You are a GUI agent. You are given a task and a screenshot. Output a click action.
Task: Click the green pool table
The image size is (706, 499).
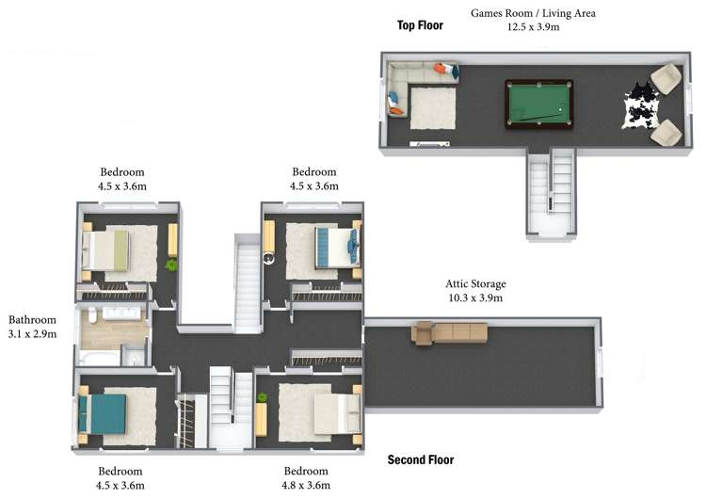(x=539, y=104)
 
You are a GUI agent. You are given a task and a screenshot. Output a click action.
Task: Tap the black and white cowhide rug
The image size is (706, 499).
(x=641, y=105)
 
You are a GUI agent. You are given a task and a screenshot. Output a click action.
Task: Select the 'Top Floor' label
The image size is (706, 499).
(x=420, y=25)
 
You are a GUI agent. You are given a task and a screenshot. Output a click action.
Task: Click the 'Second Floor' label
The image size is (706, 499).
(x=421, y=459)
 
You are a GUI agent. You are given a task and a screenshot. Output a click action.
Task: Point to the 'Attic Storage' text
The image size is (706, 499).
(x=475, y=283)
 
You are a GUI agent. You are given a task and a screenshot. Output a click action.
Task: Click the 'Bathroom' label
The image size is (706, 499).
(x=32, y=320)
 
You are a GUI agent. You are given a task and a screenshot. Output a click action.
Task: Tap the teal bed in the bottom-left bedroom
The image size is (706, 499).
(x=102, y=414)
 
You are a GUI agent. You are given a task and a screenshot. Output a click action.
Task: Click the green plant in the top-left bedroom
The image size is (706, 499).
(x=171, y=265)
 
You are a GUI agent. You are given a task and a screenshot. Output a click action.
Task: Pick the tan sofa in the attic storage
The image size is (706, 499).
(x=449, y=332)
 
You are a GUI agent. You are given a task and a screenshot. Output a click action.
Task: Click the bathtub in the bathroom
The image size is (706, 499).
(x=100, y=359)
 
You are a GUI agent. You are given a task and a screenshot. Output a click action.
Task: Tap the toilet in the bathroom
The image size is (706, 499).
(x=92, y=314)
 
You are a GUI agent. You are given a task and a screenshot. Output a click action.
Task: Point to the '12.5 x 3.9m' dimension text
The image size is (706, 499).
(x=533, y=26)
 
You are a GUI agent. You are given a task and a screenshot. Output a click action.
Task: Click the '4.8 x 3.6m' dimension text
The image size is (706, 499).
(x=306, y=485)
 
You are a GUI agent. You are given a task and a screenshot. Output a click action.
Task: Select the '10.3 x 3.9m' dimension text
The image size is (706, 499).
(x=475, y=298)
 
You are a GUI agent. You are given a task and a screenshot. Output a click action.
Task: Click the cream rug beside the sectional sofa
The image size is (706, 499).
(x=433, y=108)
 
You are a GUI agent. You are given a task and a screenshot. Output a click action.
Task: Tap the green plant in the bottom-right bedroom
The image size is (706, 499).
(x=262, y=397)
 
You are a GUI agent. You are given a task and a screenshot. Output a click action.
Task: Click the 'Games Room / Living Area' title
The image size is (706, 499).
(x=533, y=13)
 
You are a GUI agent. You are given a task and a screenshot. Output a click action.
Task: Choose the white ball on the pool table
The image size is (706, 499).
(x=560, y=109)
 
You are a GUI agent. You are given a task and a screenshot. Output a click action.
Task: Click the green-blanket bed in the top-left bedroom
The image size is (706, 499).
(x=105, y=250)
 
